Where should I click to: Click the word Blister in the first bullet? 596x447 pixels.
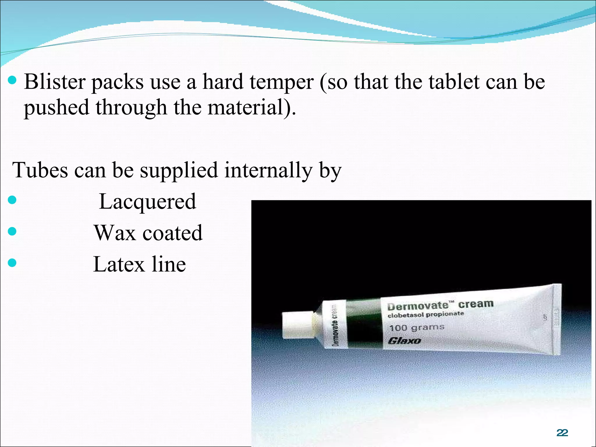coord(54,82)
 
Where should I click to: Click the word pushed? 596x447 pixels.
coord(56,107)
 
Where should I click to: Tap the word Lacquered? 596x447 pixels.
coord(148,201)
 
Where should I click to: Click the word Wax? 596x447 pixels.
coord(115,233)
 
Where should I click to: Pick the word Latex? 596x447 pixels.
coord(119,264)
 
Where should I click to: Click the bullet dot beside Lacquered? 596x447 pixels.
coord(12,200)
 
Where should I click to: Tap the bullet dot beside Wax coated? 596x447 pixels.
coord(12,231)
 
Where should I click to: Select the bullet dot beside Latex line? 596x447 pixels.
coord(12,263)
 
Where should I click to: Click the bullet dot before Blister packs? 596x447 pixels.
coord(12,80)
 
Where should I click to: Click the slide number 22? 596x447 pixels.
coord(562,433)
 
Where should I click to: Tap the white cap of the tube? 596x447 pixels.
coord(297,325)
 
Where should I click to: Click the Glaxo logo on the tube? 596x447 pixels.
coord(405,340)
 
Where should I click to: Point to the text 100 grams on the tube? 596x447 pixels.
coord(417,328)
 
